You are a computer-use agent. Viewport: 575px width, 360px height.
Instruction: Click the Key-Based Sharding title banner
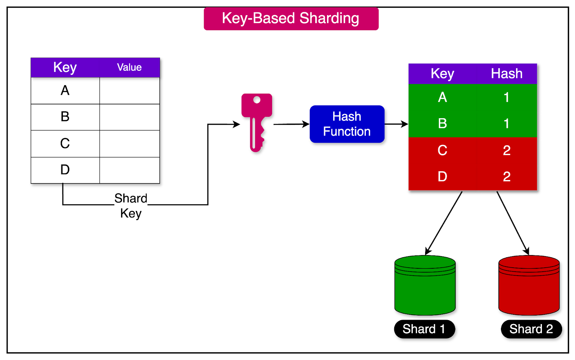tap(291, 19)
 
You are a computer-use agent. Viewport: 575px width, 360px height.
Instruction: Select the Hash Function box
tap(347, 124)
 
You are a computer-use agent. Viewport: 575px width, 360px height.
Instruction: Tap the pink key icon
tap(256, 122)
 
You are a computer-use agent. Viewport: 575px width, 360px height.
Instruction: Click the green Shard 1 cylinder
tap(425, 287)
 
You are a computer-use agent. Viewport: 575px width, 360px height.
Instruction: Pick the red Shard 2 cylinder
tap(529, 287)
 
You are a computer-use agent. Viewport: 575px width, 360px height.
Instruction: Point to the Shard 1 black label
tap(424, 329)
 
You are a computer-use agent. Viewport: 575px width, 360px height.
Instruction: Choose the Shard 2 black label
tap(531, 329)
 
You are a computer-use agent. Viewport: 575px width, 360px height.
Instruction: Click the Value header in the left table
tap(129, 68)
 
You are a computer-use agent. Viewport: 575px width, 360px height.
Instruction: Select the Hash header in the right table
tap(507, 74)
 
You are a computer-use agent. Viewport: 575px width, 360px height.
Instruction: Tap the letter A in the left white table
tap(65, 91)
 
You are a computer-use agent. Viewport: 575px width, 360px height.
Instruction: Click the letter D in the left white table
tap(65, 170)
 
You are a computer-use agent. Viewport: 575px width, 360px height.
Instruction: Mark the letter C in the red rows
tap(442, 150)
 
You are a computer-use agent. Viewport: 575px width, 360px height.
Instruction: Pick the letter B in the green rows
tap(442, 124)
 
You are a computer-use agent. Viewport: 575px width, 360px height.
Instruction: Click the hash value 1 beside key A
tap(506, 97)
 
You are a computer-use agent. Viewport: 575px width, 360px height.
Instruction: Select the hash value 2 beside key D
tap(507, 176)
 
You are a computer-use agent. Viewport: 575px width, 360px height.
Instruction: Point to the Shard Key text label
tap(131, 206)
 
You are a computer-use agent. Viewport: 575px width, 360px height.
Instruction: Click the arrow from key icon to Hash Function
tap(291, 124)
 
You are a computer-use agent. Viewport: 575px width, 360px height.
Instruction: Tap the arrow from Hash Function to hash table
tap(396, 124)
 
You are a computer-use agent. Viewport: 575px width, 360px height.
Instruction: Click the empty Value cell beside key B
tap(129, 117)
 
